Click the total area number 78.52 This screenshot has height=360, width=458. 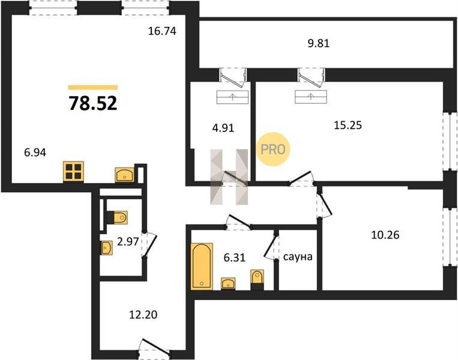click(x=93, y=103)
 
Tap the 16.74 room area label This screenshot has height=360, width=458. click(x=162, y=31)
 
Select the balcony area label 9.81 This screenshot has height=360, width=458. click(x=319, y=43)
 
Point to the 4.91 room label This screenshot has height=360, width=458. click(x=223, y=128)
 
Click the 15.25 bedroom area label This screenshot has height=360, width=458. click(x=348, y=125)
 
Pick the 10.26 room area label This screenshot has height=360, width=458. click(x=385, y=235)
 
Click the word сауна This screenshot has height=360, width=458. click(x=298, y=257)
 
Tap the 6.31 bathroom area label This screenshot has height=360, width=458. click(x=234, y=257)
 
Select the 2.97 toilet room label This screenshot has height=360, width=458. click(x=128, y=241)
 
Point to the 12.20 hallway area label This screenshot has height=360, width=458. click(x=143, y=314)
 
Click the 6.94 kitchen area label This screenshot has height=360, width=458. click(x=35, y=152)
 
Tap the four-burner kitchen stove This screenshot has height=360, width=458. click(x=74, y=172)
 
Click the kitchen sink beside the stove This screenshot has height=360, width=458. click(x=125, y=175)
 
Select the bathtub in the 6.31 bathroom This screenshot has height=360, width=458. click(x=202, y=266)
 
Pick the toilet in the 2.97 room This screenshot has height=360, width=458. click(x=118, y=218)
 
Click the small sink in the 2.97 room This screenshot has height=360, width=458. click(x=107, y=248)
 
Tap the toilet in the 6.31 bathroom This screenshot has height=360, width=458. click(x=258, y=280)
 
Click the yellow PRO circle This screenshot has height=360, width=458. click(x=273, y=149)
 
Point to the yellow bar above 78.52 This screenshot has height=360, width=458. click(x=93, y=87)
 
